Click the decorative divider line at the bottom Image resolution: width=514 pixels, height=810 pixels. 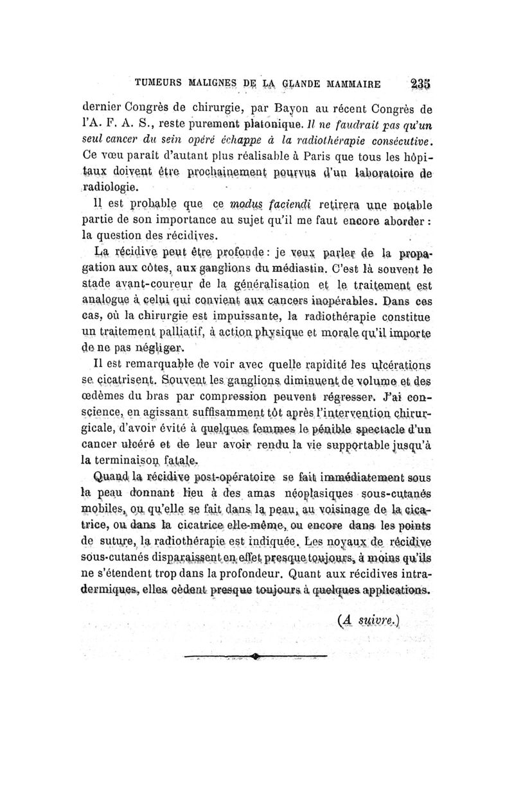pyautogui.click(x=255, y=656)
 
